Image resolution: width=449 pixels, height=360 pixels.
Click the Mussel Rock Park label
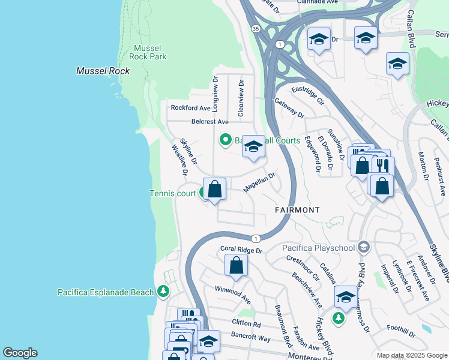pyautogui.click(x=149, y=52)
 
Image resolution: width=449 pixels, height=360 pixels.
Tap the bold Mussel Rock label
pyautogui.click(x=103, y=71)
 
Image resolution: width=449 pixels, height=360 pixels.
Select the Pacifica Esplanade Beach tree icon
pyautogui.click(x=163, y=292)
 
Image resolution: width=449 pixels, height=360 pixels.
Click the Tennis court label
pyautogui.click(x=172, y=193)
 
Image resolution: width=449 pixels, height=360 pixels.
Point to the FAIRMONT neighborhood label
pyautogui.click(x=297, y=210)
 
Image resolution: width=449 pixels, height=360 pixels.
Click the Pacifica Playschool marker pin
pyautogui.click(x=363, y=247)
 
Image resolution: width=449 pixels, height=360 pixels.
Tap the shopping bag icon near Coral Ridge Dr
pyautogui.click(x=237, y=265)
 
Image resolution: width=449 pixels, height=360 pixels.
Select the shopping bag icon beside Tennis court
pyautogui.click(x=215, y=190)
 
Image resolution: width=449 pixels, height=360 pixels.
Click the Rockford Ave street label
pyautogui.click(x=190, y=108)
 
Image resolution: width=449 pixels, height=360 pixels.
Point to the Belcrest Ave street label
pyautogui.click(x=209, y=121)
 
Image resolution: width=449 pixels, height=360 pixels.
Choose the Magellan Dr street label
pyautogui.click(x=259, y=183)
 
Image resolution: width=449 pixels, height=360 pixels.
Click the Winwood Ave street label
pyautogui.click(x=233, y=292)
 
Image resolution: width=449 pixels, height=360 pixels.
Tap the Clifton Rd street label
pyautogui.click(x=247, y=324)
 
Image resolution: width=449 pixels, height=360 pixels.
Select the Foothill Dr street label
pyautogui.click(x=401, y=331)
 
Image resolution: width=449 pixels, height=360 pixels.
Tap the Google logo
pyautogui.click(x=20, y=353)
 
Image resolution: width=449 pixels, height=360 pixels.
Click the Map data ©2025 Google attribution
pyautogui.click(x=411, y=355)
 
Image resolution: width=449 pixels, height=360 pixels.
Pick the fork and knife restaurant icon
pyautogui.click(x=382, y=165)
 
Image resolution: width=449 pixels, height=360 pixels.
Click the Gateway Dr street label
pyautogui.click(x=289, y=108)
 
